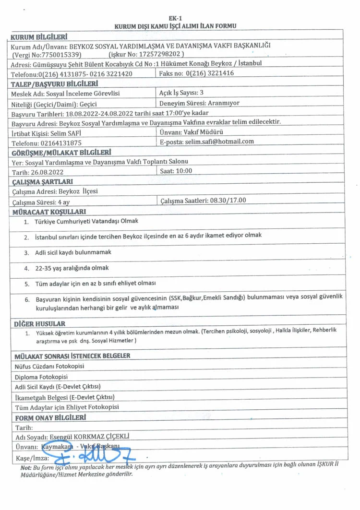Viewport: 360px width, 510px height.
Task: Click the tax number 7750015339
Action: (x=69, y=55)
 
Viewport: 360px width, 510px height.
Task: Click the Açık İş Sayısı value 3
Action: (x=202, y=93)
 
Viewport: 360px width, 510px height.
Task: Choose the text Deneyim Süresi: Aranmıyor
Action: (x=199, y=103)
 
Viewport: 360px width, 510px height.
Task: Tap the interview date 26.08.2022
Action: (x=48, y=172)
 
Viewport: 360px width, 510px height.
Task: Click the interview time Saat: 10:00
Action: (x=176, y=171)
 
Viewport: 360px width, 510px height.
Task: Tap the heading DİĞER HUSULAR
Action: (x=40, y=323)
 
